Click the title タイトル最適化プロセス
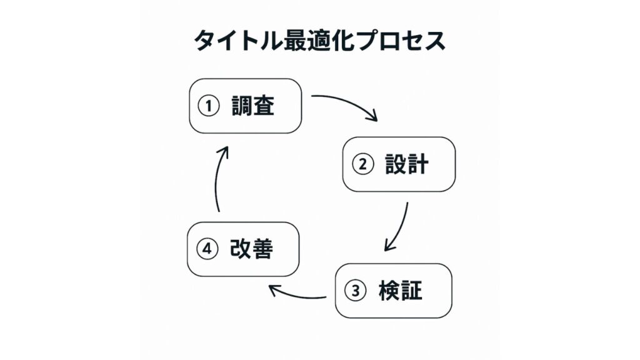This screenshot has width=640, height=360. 319,41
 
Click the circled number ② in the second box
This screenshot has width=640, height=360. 362,165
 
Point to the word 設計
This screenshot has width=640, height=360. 407,164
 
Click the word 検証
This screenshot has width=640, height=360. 400,291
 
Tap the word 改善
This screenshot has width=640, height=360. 251,249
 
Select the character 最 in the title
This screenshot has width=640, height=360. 282,41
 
